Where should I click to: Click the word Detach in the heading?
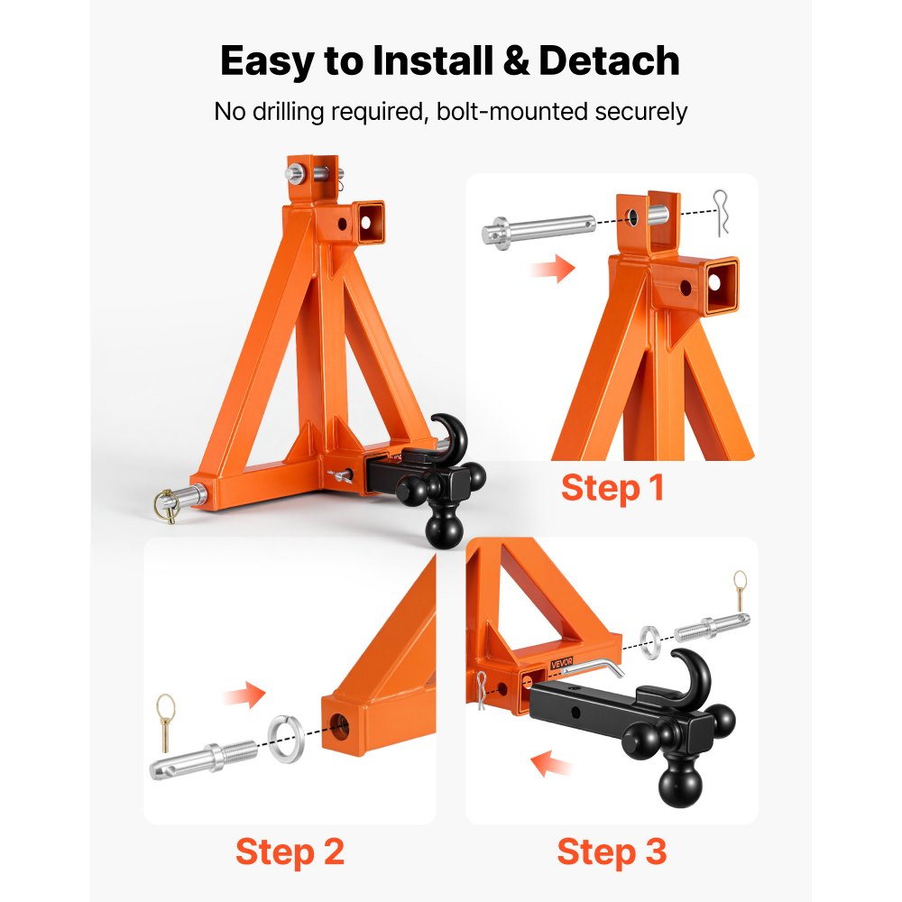[x=610, y=61]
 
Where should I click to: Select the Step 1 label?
[x=612, y=488]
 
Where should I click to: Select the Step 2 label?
[x=290, y=851]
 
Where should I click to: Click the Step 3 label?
[x=612, y=851]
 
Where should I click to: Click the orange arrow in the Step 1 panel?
[x=553, y=268]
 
